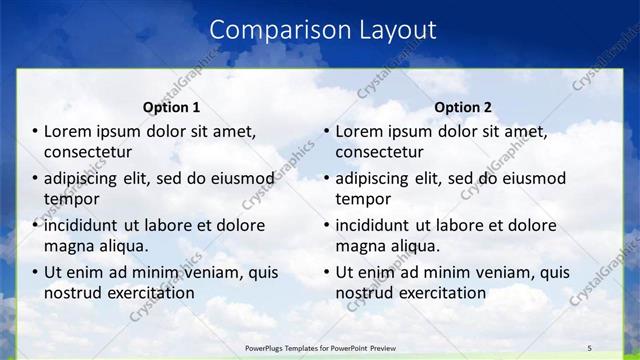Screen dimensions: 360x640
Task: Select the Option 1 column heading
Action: [172, 107]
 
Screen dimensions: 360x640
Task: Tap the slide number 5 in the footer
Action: [589, 347]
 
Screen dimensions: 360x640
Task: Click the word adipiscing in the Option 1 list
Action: [86, 179]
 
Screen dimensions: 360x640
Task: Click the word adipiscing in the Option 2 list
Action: [377, 179]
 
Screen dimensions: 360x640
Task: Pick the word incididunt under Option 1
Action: [85, 226]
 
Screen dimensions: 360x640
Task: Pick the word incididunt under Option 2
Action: [376, 226]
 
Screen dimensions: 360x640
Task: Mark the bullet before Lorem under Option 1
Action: [35, 132]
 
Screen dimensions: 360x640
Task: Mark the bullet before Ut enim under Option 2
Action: [326, 272]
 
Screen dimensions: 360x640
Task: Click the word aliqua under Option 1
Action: [124, 246]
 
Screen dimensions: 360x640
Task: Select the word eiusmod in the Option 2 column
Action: [533, 179]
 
